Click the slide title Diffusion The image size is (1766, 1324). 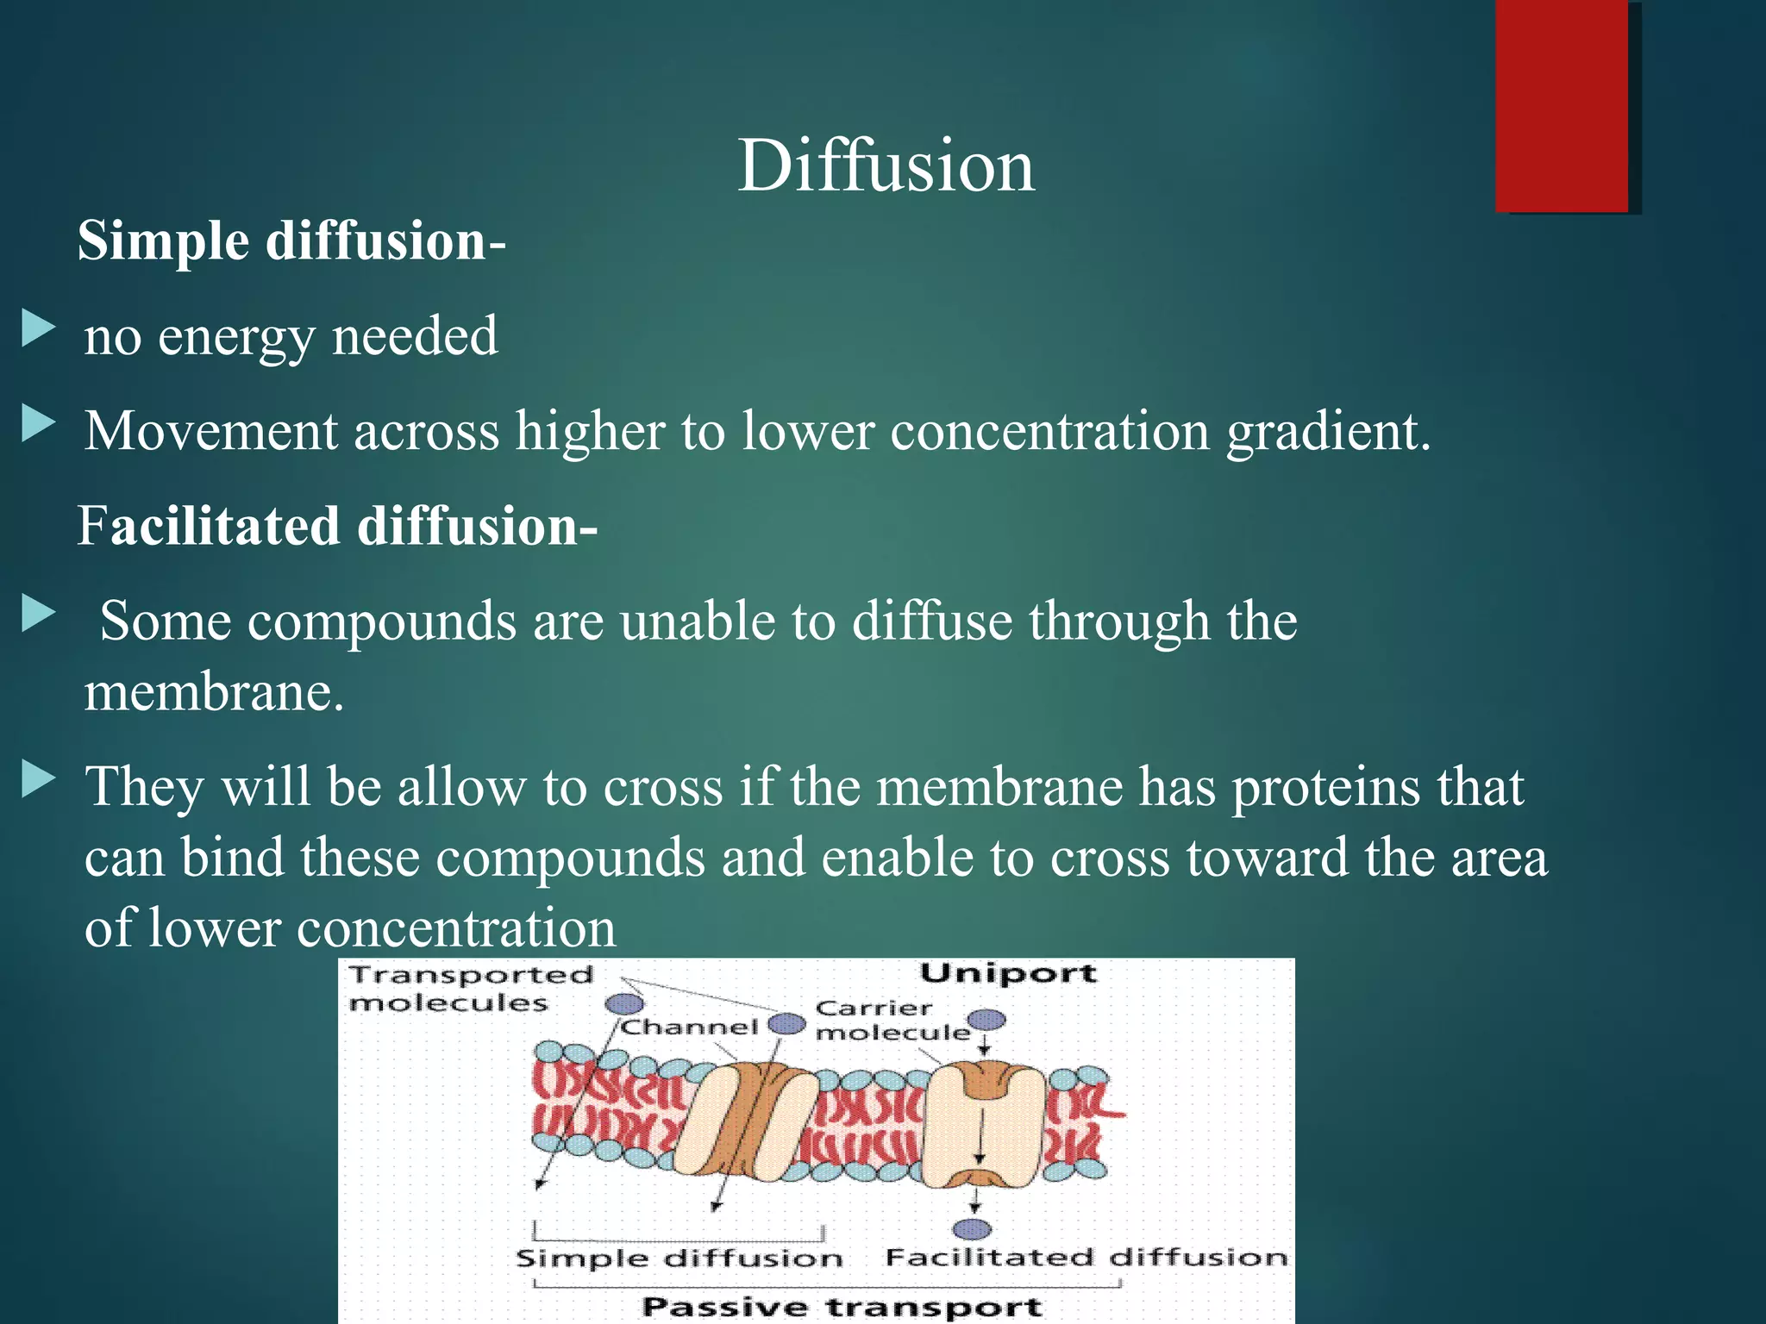[x=886, y=165]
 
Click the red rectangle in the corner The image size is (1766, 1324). [x=1562, y=105]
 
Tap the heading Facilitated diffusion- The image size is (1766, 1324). [x=337, y=526]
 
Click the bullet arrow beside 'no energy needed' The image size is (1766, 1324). [x=38, y=328]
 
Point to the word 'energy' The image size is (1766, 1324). [x=236, y=337]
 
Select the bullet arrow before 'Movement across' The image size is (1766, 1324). [x=38, y=424]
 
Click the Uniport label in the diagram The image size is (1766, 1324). [x=1008, y=974]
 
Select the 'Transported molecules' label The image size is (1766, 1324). [x=470, y=989]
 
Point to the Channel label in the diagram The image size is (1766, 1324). [x=689, y=1027]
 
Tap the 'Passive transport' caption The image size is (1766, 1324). [x=842, y=1307]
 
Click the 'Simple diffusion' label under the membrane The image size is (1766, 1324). [x=679, y=1258]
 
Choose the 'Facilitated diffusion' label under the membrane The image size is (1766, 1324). [x=1086, y=1258]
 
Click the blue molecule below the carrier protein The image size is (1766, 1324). [x=974, y=1228]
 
